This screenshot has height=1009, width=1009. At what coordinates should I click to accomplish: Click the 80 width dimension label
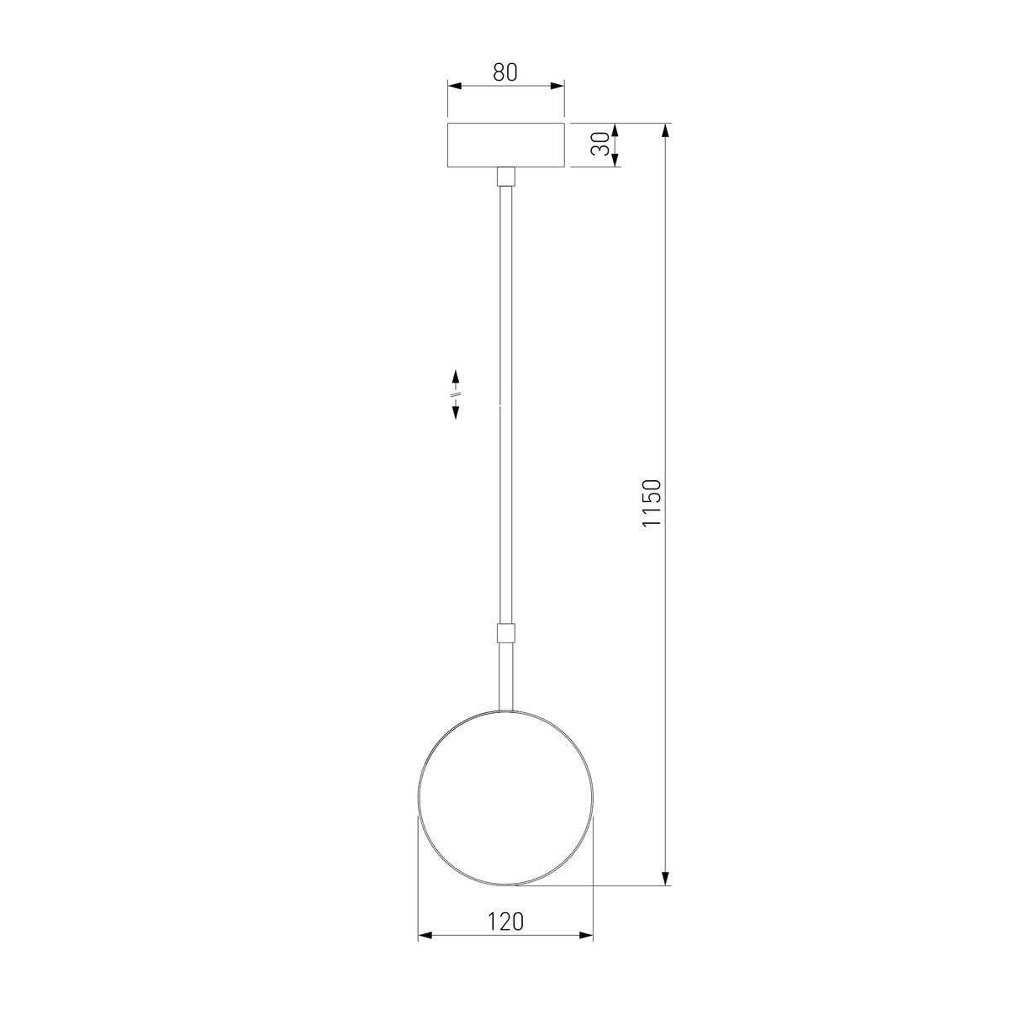(x=504, y=72)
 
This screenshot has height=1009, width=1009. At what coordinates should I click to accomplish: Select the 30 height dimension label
(x=600, y=145)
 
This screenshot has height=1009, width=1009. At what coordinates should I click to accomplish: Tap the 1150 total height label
(x=652, y=503)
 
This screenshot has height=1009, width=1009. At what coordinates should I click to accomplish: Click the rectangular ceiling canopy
(x=505, y=145)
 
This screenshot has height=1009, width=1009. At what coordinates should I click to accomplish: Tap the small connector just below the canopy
(x=505, y=177)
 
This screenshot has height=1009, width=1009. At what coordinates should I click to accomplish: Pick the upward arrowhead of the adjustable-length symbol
(x=456, y=375)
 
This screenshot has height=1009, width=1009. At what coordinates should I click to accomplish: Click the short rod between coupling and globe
(x=505, y=677)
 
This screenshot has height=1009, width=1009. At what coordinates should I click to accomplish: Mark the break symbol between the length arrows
(x=456, y=394)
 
